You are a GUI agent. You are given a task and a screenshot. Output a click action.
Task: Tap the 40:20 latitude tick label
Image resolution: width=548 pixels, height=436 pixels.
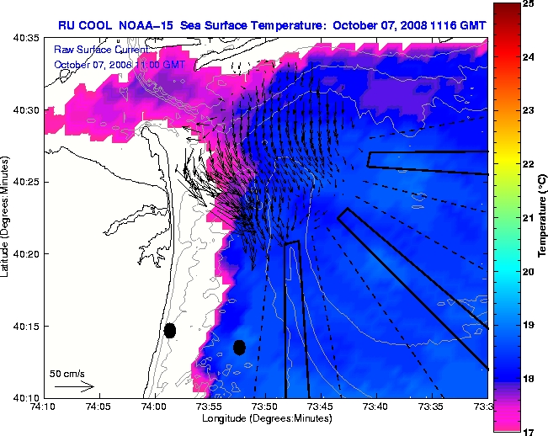point(24,254)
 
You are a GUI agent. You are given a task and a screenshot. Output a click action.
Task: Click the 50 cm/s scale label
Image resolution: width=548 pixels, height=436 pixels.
point(67,372)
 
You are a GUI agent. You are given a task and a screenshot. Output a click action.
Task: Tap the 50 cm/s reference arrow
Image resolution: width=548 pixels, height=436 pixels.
point(74,386)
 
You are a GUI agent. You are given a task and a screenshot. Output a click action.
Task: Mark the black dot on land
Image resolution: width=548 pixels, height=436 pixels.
point(169,331)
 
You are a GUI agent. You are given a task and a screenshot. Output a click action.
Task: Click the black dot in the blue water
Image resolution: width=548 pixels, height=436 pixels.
point(239,347)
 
